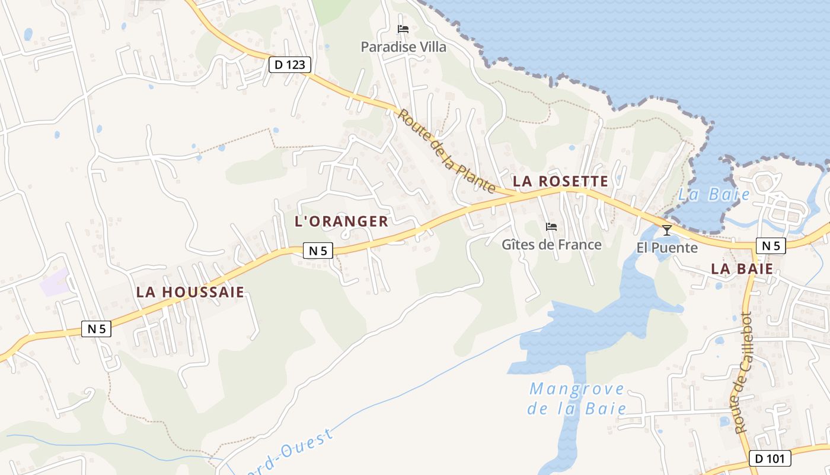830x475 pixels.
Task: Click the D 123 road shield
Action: coord(290,64)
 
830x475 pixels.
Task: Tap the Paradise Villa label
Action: coord(404,47)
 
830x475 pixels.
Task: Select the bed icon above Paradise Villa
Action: coord(403,29)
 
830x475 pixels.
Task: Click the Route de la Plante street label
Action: coord(446,151)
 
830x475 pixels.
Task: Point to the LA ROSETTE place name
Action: coord(560,182)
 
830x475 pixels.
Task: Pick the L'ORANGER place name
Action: coord(341,221)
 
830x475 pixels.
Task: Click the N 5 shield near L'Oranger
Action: coord(318,251)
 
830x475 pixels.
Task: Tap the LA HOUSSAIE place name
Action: coord(190,292)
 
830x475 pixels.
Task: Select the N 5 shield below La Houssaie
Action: coord(97,329)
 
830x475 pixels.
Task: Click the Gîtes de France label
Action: coord(551,245)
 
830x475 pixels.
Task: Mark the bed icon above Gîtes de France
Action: coord(551,227)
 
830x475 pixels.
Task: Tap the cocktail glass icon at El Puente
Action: coord(667,230)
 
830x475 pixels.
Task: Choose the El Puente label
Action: coord(667,248)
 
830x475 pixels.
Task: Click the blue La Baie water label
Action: coord(714,195)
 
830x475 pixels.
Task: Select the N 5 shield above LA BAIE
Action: coord(771,246)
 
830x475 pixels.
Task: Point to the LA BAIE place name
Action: coord(742,269)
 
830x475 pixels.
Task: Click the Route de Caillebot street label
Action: coord(743,372)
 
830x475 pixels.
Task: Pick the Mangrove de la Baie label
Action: coord(577,398)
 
